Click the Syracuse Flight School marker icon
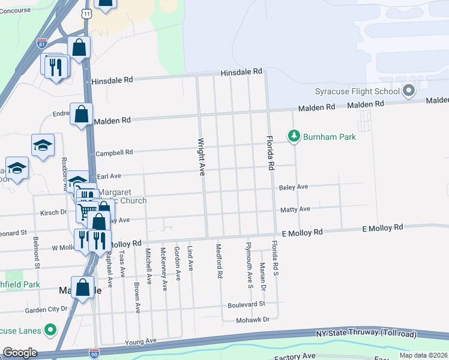(409, 91)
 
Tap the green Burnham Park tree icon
(294, 137)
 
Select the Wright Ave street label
(202, 158)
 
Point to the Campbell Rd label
(113, 152)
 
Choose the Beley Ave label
(294, 187)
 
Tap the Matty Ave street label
(295, 209)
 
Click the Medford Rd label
(220, 260)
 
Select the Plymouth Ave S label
(249, 265)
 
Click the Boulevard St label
(246, 304)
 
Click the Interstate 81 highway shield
(41, 43)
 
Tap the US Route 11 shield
(88, 13)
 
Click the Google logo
(20, 353)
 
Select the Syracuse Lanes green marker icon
(51, 331)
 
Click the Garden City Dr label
(46, 310)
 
